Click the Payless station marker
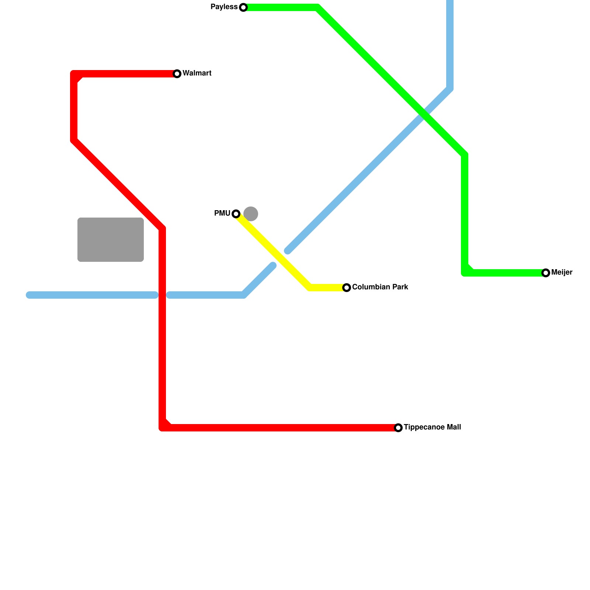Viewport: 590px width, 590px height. (x=243, y=7)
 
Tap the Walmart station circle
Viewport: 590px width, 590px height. (x=177, y=74)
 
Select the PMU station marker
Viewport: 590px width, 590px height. (x=236, y=214)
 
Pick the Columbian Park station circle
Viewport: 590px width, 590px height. (x=347, y=288)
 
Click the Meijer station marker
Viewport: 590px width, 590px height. (x=546, y=273)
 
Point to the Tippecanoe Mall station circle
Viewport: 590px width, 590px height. (x=398, y=428)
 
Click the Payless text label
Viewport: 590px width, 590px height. (x=224, y=7)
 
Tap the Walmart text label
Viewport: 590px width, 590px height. (x=197, y=73)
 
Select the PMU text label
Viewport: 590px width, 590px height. (x=222, y=214)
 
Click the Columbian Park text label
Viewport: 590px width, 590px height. (x=380, y=287)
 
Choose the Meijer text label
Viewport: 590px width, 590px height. (x=562, y=273)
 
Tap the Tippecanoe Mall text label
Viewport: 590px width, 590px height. (x=432, y=427)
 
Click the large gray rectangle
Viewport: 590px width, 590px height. (x=111, y=240)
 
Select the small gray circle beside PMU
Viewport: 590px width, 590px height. (x=251, y=214)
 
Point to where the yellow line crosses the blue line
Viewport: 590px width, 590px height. (x=280, y=258)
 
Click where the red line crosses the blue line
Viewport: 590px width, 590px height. (x=162, y=295)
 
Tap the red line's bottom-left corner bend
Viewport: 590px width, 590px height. (x=163, y=427)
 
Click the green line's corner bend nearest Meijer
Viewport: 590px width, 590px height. (x=465, y=273)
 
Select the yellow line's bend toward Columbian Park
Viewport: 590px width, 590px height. (x=310, y=287)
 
